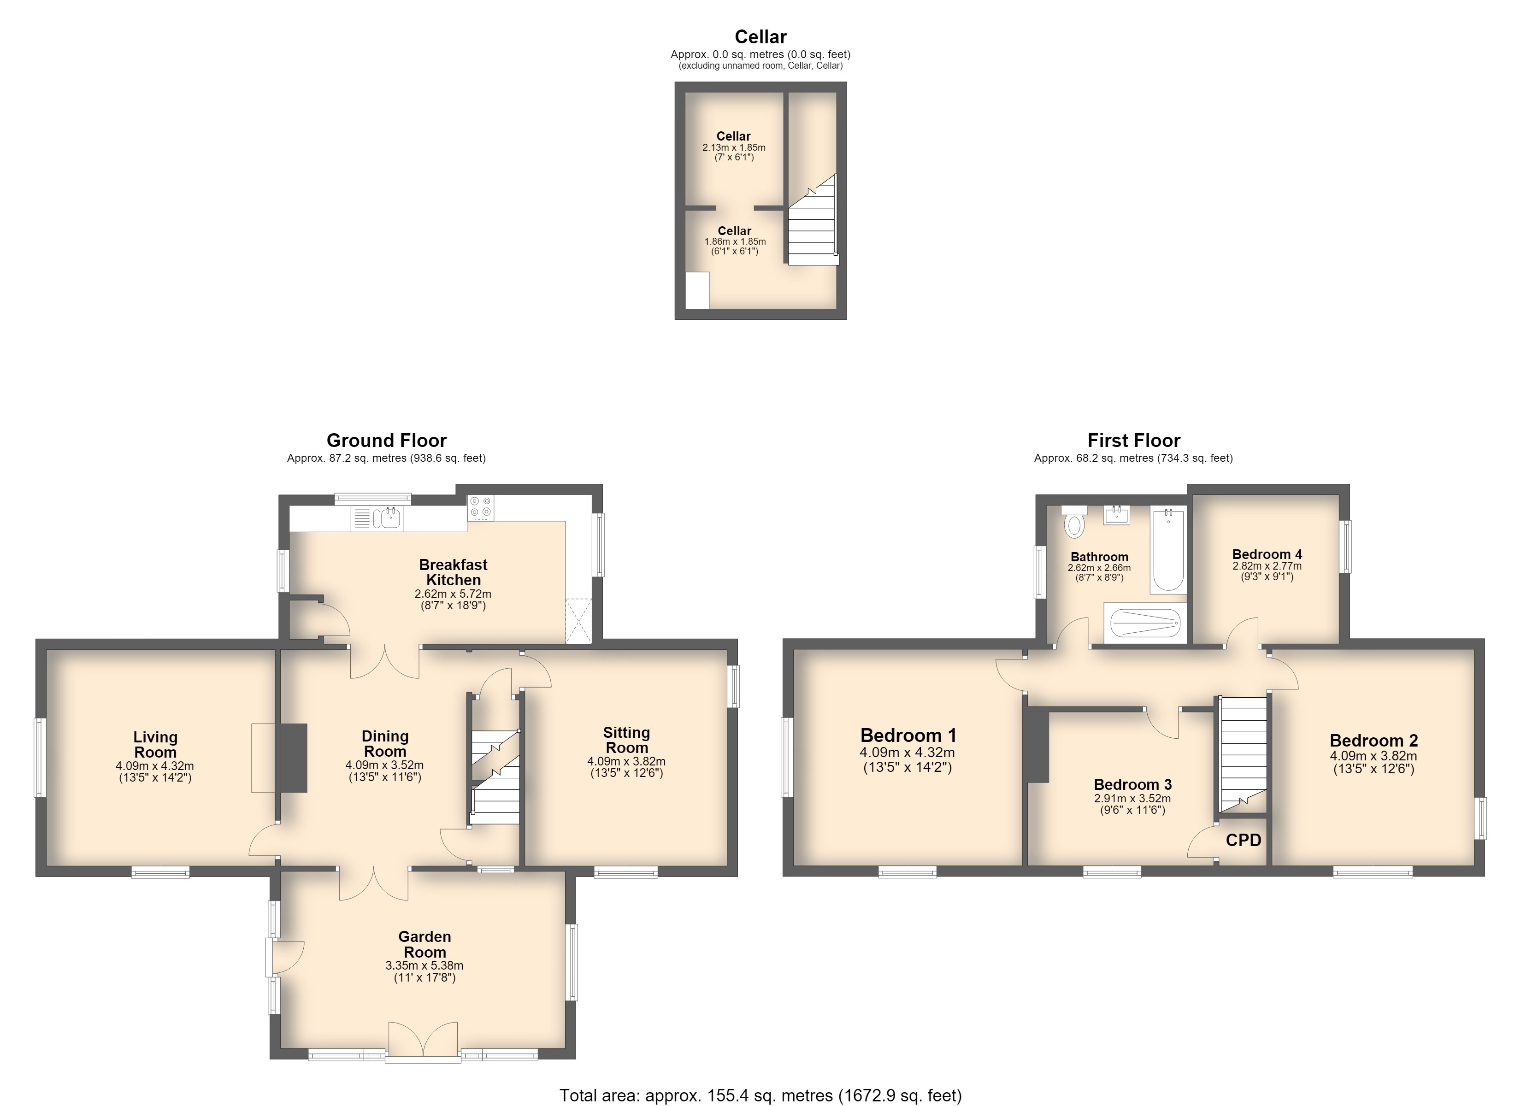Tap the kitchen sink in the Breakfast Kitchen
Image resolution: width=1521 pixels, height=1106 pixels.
pyautogui.click(x=388, y=518)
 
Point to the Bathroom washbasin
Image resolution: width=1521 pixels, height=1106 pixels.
pyautogui.click(x=1117, y=515)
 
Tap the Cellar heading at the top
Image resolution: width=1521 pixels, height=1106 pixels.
pyautogui.click(x=760, y=37)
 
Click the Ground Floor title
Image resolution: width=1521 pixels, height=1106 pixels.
pyautogui.click(x=386, y=441)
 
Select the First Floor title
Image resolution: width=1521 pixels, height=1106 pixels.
pyautogui.click(x=1133, y=441)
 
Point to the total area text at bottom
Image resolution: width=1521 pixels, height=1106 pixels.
pyautogui.click(x=760, y=1095)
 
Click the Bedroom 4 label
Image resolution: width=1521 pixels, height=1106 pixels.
pyautogui.click(x=1267, y=555)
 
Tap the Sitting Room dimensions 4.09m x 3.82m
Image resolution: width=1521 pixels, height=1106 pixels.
pyautogui.click(x=626, y=761)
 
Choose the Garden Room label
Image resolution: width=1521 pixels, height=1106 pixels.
pyautogui.click(x=424, y=944)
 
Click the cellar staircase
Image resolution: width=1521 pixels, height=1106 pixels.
pyautogui.click(x=813, y=221)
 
